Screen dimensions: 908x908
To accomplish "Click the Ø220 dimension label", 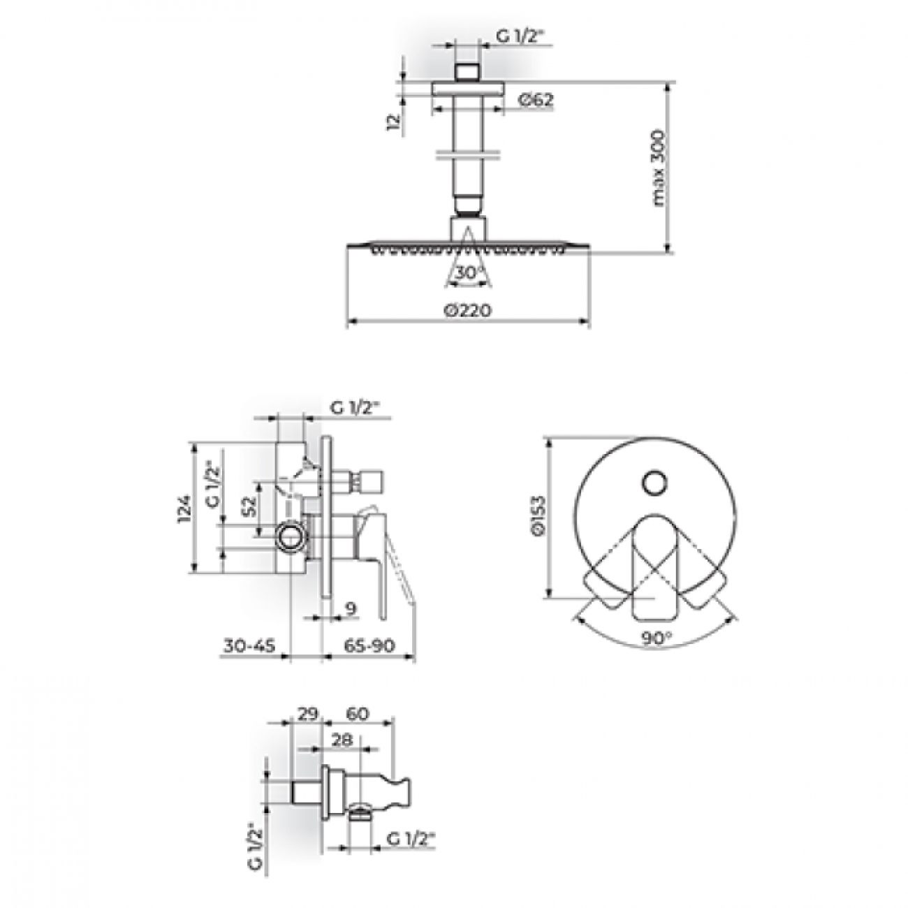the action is click(467, 311).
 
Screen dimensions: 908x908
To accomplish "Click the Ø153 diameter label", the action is click(538, 515).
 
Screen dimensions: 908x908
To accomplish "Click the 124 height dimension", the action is click(185, 509).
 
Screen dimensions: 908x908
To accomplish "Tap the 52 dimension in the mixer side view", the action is click(251, 507).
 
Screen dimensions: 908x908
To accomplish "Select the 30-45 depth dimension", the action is click(249, 645).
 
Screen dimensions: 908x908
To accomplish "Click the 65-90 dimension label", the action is click(369, 645).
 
